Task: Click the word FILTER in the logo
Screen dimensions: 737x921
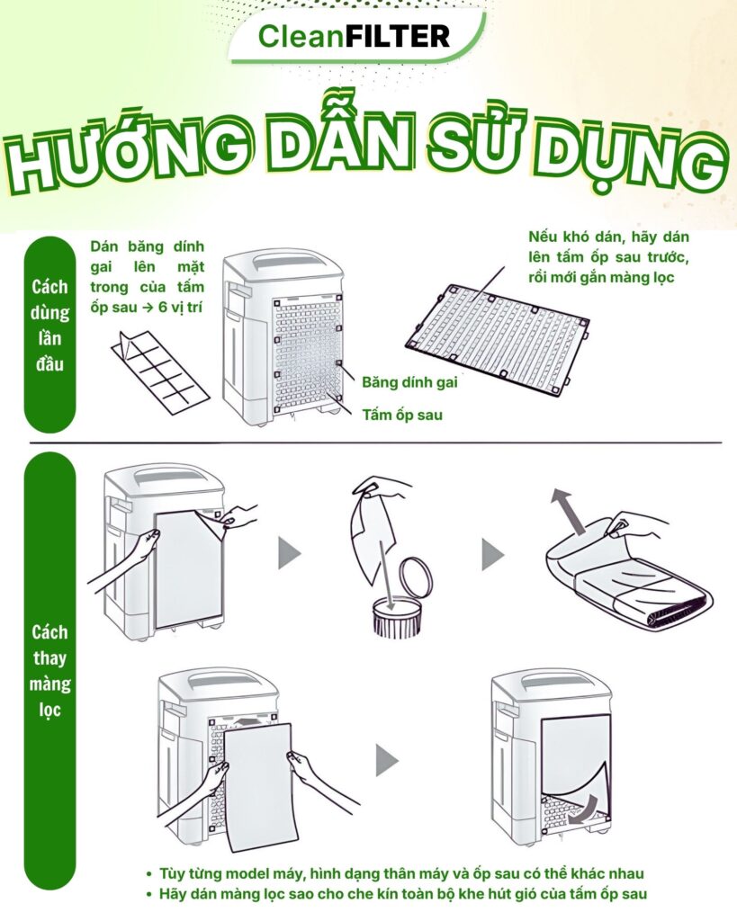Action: (x=398, y=36)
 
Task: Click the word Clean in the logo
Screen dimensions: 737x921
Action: (x=301, y=36)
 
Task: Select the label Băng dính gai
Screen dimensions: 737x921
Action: (x=409, y=382)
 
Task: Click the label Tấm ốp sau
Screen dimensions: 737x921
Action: (x=402, y=416)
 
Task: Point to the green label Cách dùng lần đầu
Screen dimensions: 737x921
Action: (x=50, y=326)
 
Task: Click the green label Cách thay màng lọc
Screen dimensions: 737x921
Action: (x=50, y=671)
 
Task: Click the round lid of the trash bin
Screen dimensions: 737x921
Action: (x=416, y=577)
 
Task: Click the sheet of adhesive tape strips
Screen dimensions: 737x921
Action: (x=160, y=372)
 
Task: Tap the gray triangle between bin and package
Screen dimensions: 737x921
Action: (x=492, y=554)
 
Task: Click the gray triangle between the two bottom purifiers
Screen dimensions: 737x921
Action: (x=387, y=760)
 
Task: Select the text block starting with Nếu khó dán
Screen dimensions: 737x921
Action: (x=609, y=257)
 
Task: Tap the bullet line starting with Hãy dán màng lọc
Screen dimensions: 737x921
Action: (x=397, y=895)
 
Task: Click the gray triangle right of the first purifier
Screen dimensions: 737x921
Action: (x=289, y=553)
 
